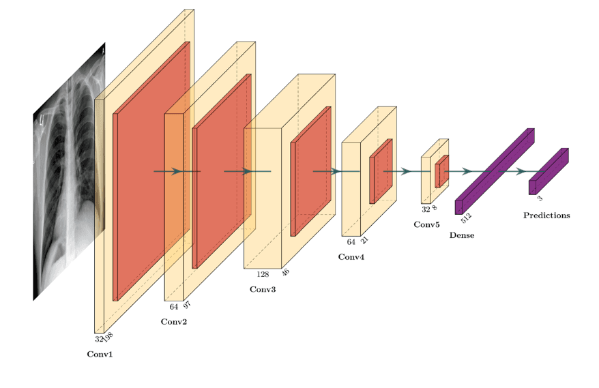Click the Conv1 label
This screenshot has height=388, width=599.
coord(100,355)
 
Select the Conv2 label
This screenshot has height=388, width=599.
coord(173,322)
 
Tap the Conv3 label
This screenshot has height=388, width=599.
coord(263,290)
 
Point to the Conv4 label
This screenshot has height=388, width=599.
coord(351,257)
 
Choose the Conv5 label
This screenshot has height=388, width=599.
coord(426,224)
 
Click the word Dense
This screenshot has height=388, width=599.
coord(462,235)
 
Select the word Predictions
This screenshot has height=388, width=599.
coord(546,215)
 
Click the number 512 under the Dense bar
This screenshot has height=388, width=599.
coord(467,218)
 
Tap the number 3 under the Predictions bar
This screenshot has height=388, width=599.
coord(540,198)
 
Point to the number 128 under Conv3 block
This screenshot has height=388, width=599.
coord(263,274)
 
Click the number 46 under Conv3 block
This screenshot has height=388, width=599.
coord(285,272)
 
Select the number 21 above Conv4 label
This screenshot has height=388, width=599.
coord(365,240)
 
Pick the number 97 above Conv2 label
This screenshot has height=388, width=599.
coord(187,305)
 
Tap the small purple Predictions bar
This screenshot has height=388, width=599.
coord(549,171)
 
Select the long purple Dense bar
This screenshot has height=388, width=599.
coord(494,171)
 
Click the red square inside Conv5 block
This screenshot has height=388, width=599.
coord(441,171)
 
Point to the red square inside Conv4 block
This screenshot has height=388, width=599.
coord(381,171)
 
